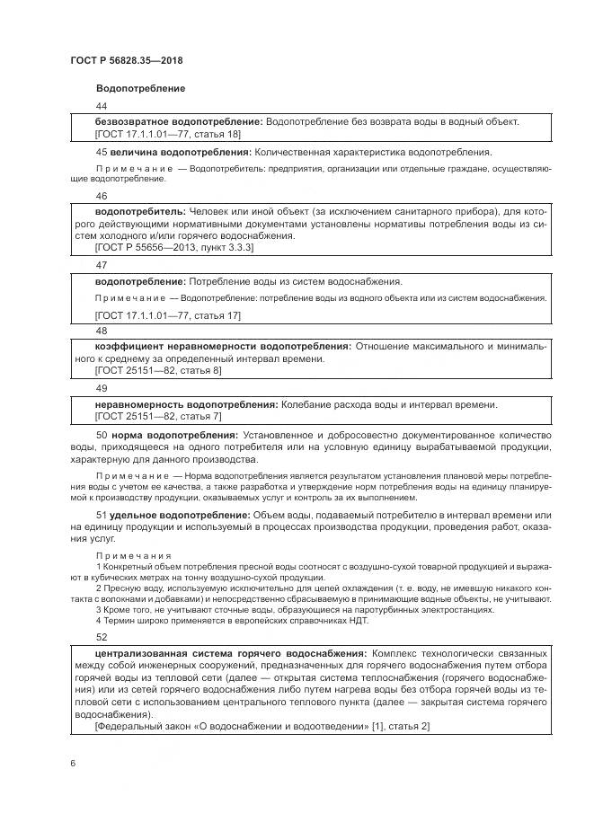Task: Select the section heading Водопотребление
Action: [140, 88]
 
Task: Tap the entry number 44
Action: [101, 106]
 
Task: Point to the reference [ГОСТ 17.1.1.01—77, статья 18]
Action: [167, 133]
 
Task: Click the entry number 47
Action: [101, 265]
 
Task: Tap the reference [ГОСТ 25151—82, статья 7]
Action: [157, 416]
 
